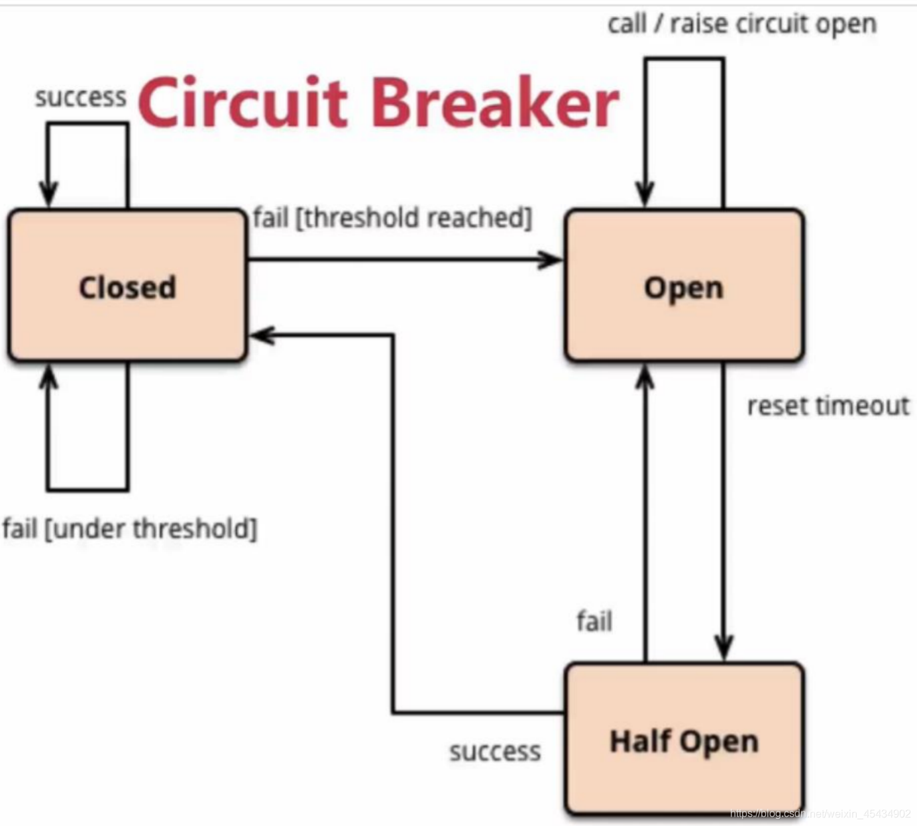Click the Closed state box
[127, 286]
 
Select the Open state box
[684, 286]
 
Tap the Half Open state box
[684, 740]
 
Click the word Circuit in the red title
[243, 103]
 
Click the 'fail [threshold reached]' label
[392, 217]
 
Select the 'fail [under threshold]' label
[129, 529]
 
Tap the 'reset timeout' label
[828, 406]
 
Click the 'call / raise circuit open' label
[742, 24]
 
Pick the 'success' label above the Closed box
[80, 97]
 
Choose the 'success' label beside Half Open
[494, 751]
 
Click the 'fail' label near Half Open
[594, 621]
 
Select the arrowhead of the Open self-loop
[645, 194]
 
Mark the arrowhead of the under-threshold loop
[48, 377]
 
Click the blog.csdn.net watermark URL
[820, 813]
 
